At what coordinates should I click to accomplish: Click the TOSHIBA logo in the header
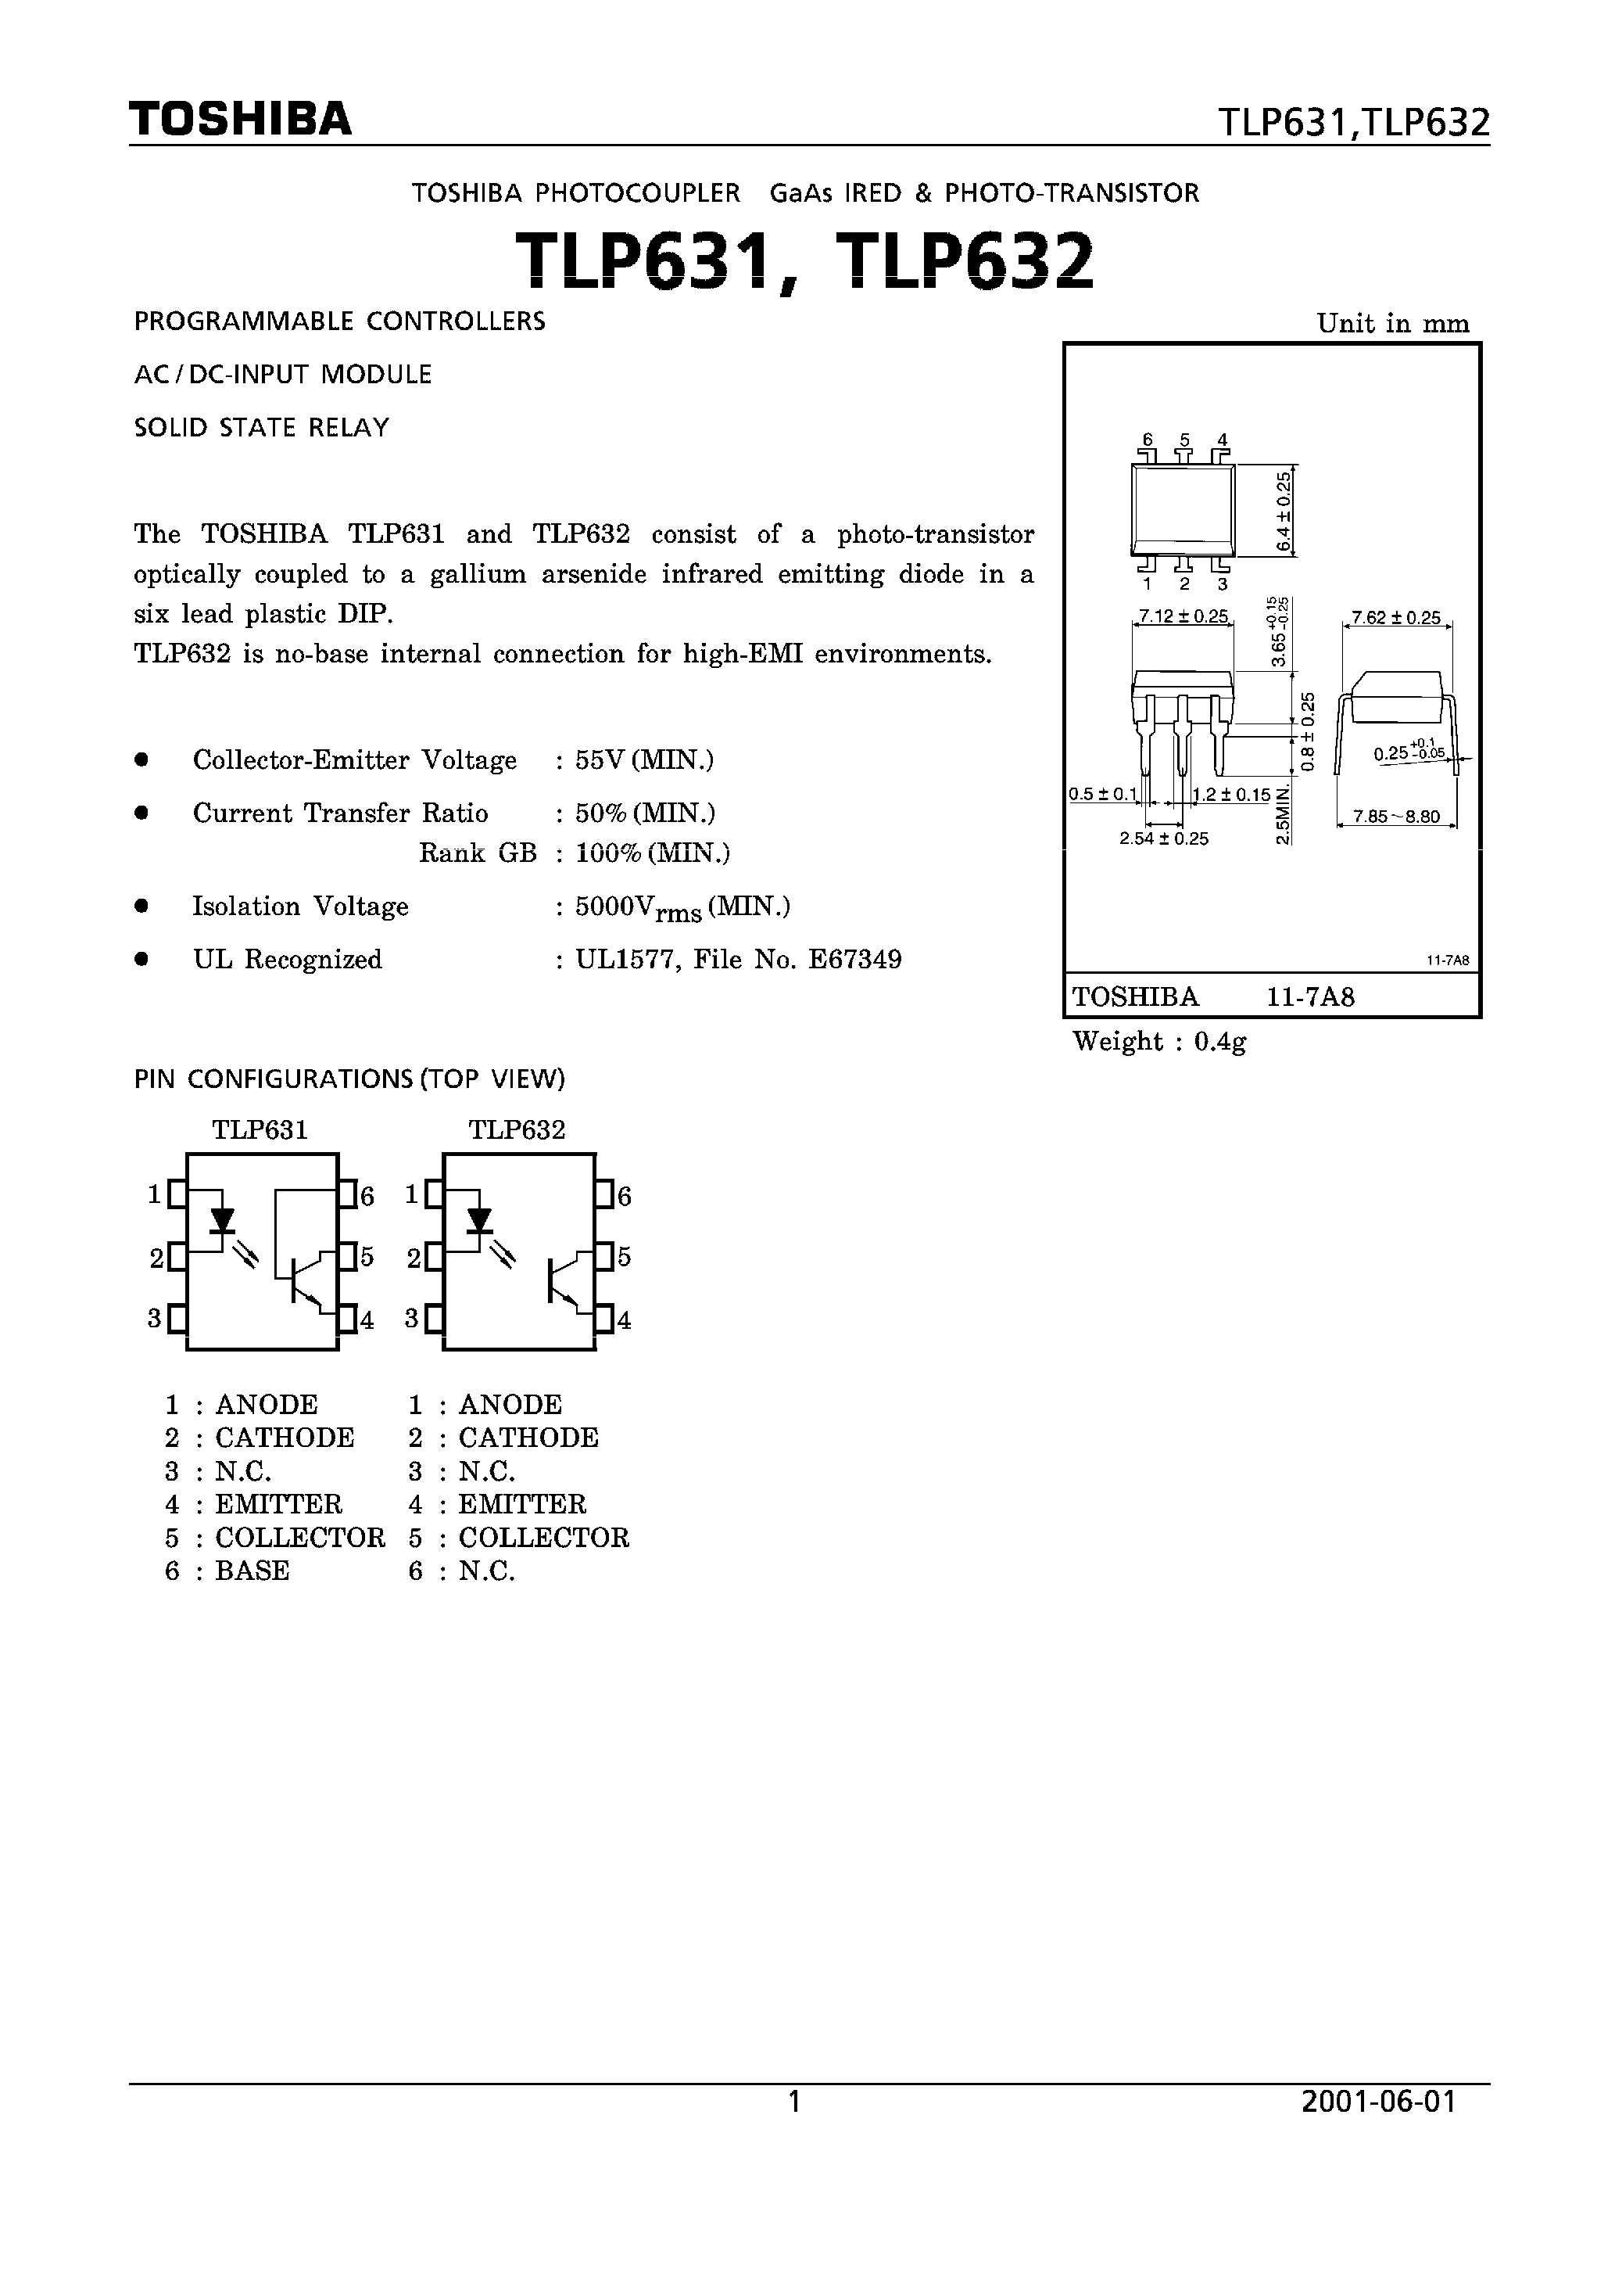pos(240,120)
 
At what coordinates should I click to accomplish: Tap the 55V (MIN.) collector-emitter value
pos(644,760)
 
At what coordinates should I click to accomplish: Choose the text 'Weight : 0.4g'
pos(1159,1042)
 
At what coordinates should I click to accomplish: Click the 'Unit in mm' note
pos(1392,324)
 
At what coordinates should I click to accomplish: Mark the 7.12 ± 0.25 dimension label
pos(1183,616)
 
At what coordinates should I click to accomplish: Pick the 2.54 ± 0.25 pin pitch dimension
pos(1163,838)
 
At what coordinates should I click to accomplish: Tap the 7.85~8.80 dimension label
pos(1396,817)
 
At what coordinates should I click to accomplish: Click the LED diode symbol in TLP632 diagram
pos(480,1220)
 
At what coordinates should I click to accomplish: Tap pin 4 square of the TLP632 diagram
pos(604,1319)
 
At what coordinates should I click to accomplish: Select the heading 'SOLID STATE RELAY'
pos(261,429)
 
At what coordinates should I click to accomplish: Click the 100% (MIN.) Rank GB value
pos(652,853)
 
